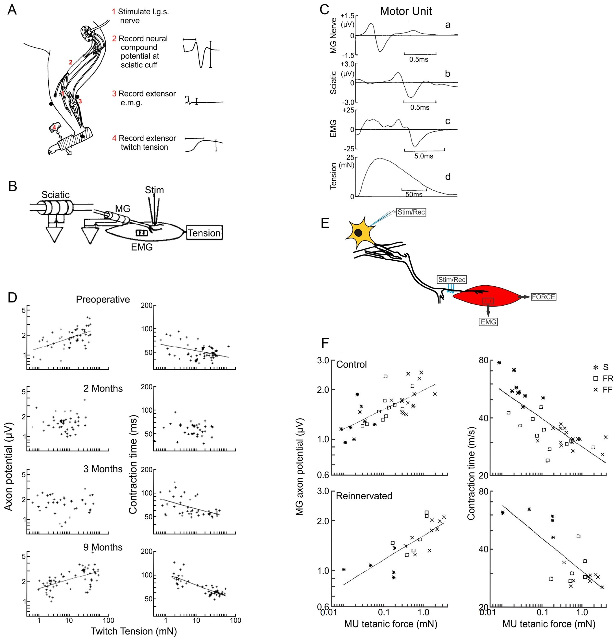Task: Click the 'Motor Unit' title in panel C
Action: tap(406, 11)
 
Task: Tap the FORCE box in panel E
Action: tap(543, 297)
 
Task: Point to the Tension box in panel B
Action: tap(204, 233)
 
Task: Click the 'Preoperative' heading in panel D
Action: tap(103, 299)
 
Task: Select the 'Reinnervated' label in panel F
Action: tap(364, 496)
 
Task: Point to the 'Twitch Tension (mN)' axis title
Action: tap(134, 631)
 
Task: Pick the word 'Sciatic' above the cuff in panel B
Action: tap(55, 195)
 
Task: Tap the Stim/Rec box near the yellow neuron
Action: tap(411, 212)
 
